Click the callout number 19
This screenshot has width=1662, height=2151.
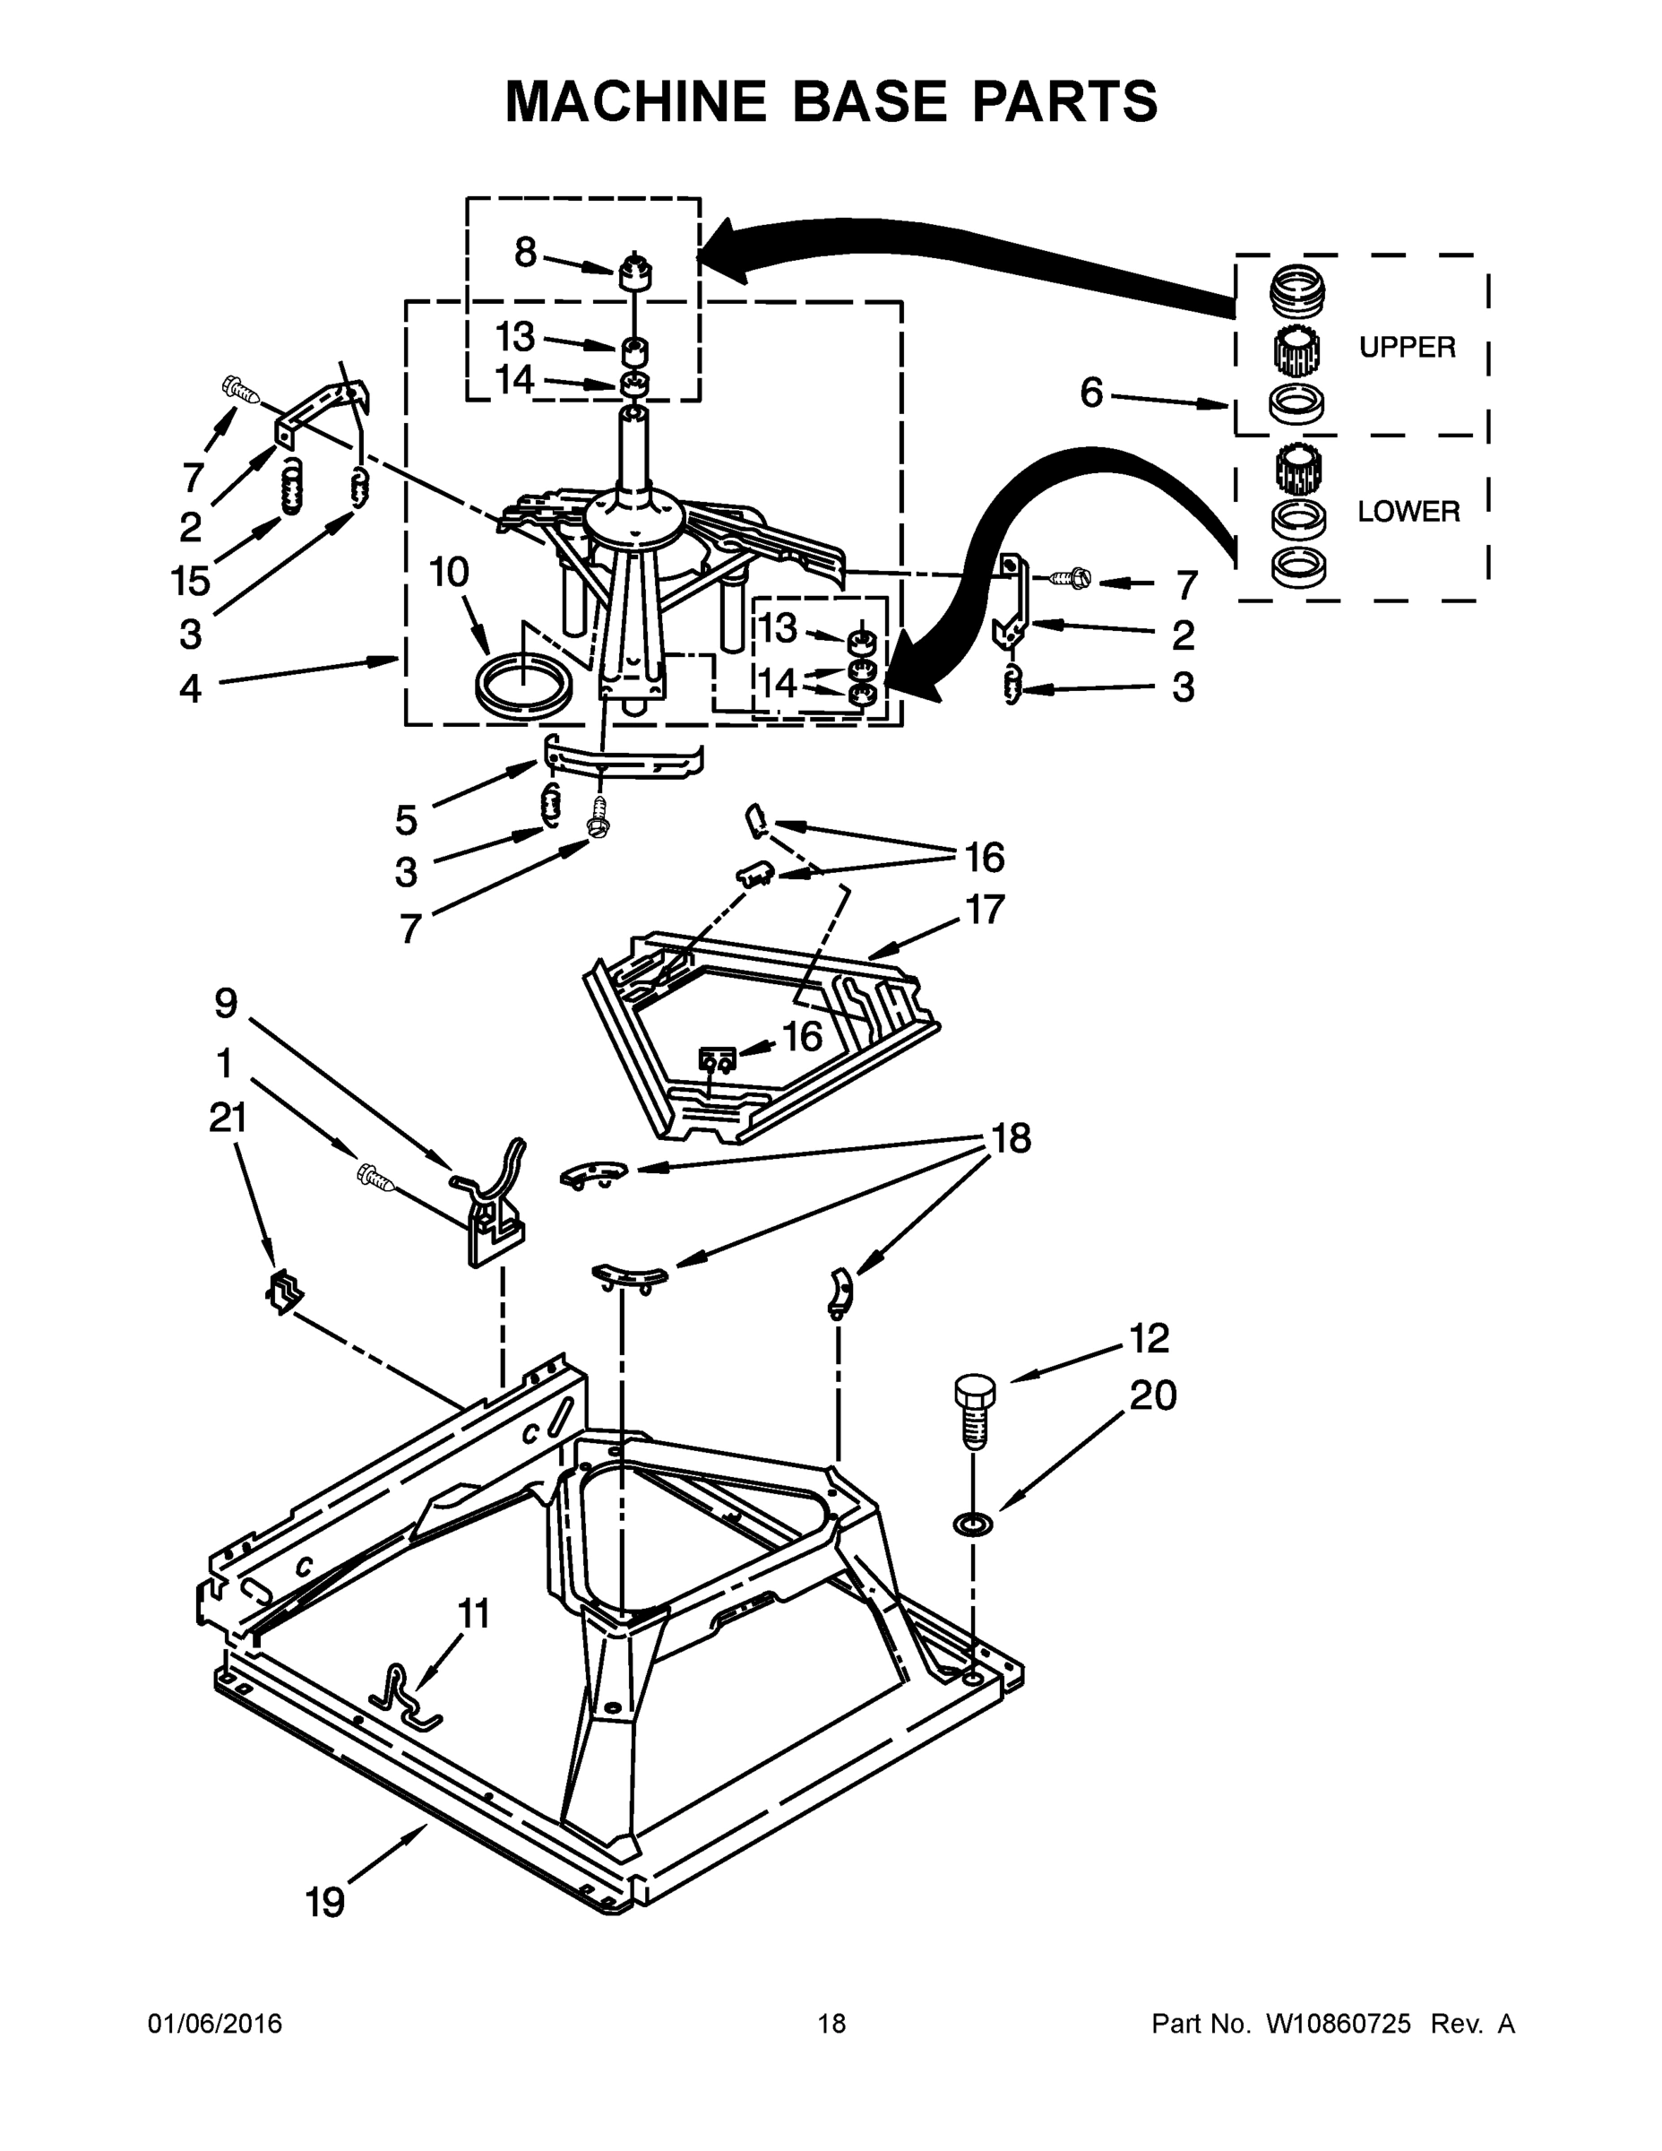click(325, 1901)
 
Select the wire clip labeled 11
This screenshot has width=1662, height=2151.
click(404, 1696)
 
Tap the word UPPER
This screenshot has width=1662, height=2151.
click(1406, 347)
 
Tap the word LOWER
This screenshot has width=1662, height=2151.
click(1408, 511)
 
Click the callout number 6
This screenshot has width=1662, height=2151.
click(1091, 392)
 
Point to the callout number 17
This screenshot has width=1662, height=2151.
click(984, 909)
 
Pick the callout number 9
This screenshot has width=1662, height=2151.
click(226, 1003)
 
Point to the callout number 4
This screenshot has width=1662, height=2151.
click(190, 687)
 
